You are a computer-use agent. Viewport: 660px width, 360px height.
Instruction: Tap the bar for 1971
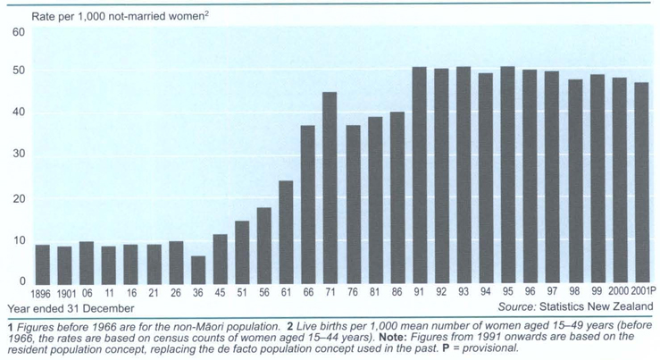pyautogui.click(x=330, y=188)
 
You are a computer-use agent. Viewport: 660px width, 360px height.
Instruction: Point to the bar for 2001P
pyautogui.click(x=640, y=184)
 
